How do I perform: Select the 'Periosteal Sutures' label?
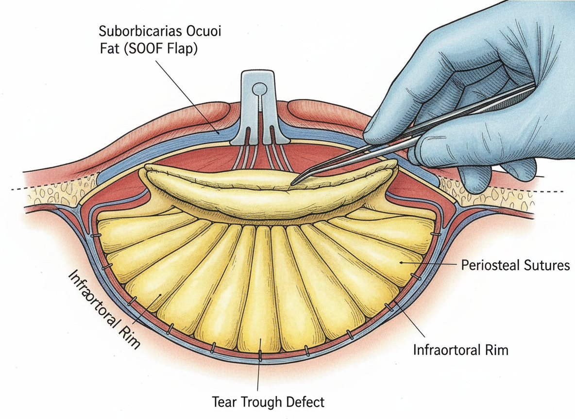515,265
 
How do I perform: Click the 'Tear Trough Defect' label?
268,402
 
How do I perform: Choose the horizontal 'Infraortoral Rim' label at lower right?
460,350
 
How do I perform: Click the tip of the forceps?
293,183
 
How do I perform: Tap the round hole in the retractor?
260,89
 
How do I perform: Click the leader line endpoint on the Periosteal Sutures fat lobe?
401,262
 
